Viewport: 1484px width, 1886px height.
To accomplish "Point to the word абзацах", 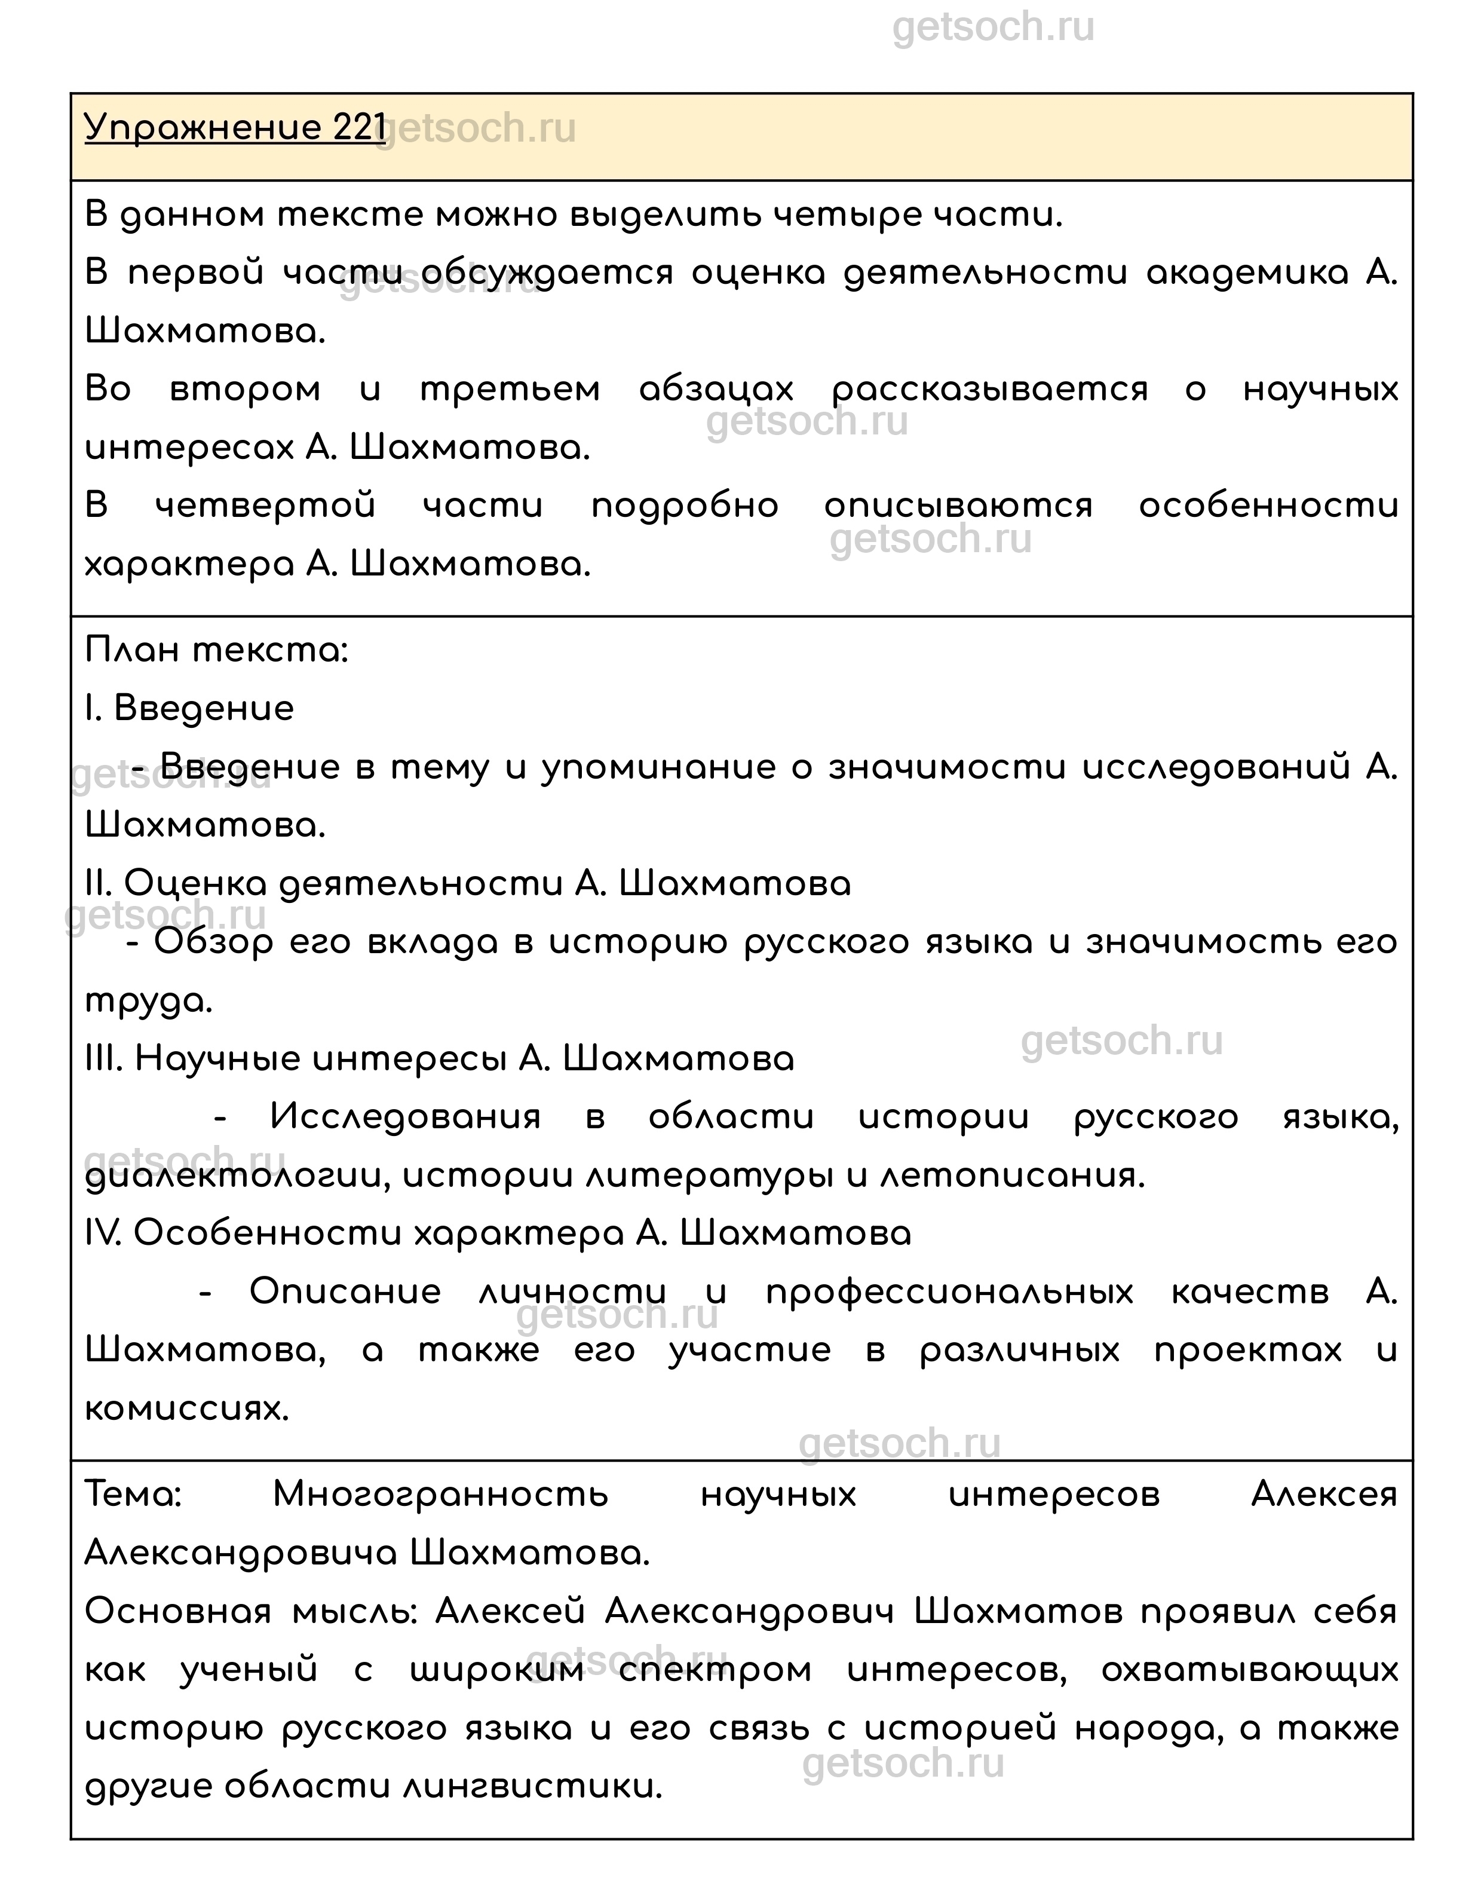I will coord(716,390).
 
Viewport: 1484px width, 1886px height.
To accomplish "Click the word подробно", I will coord(685,506).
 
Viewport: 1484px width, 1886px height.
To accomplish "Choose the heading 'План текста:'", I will coord(216,650).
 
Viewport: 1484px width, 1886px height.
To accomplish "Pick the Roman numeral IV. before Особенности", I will coord(105,1233).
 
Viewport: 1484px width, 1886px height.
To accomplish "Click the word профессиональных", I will coord(950,1293).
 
